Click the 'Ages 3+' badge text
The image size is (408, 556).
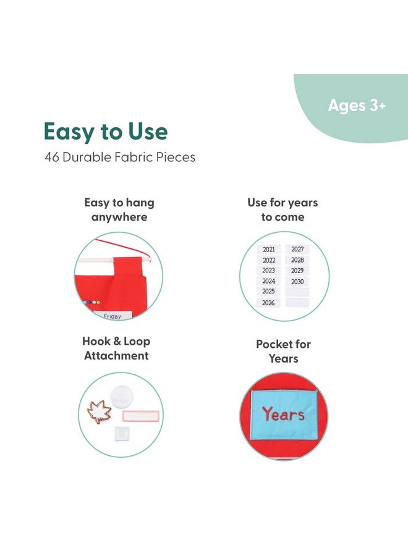pyautogui.click(x=357, y=105)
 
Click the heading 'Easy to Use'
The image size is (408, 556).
pyautogui.click(x=106, y=132)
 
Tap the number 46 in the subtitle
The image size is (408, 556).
pyautogui.click(x=52, y=157)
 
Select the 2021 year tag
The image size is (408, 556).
pyautogui.click(x=268, y=250)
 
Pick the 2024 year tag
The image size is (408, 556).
pyautogui.click(x=268, y=281)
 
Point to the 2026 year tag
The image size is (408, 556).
pyautogui.click(x=268, y=303)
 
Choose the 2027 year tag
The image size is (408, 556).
pyautogui.click(x=297, y=250)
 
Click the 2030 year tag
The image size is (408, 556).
pyautogui.click(x=297, y=282)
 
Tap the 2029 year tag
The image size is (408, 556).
pyautogui.click(x=297, y=271)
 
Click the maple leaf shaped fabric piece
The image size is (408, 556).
pyautogui.click(x=100, y=411)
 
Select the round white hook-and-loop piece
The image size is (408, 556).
pyautogui.click(x=122, y=397)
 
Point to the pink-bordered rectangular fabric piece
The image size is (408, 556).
pyautogui.click(x=141, y=416)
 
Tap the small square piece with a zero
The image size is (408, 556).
pyautogui.click(x=122, y=434)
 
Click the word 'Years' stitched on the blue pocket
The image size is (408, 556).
pyautogui.click(x=283, y=414)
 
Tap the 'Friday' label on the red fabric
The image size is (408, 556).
pyautogui.click(x=112, y=316)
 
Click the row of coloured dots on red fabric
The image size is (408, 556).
pyautogui.click(x=92, y=303)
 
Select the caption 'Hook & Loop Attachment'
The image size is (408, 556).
pyautogui.click(x=116, y=348)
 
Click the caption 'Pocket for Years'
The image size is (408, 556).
pyautogui.click(x=284, y=351)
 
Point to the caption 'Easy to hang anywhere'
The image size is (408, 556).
pyautogui.click(x=119, y=209)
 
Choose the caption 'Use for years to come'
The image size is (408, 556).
pyautogui.click(x=283, y=209)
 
